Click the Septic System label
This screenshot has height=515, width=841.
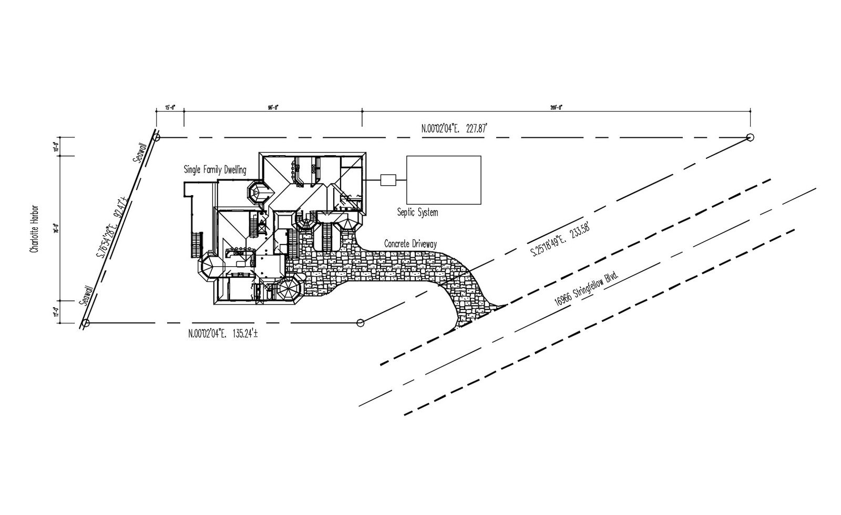pyautogui.click(x=417, y=213)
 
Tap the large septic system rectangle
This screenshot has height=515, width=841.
pyautogui.click(x=444, y=180)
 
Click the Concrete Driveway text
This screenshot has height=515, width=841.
pyautogui.click(x=411, y=244)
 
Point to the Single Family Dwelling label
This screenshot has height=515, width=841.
pyautogui.click(x=214, y=169)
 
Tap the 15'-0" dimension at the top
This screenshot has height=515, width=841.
pyautogui.click(x=170, y=107)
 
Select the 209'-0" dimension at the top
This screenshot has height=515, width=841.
pyautogui.click(x=557, y=107)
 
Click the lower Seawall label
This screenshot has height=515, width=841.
pyautogui.click(x=87, y=296)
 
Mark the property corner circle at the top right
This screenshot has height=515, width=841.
pyautogui.click(x=750, y=138)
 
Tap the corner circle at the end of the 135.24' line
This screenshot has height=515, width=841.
pyautogui.click(x=361, y=322)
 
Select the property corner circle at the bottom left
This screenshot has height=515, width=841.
pyautogui.click(x=86, y=322)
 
